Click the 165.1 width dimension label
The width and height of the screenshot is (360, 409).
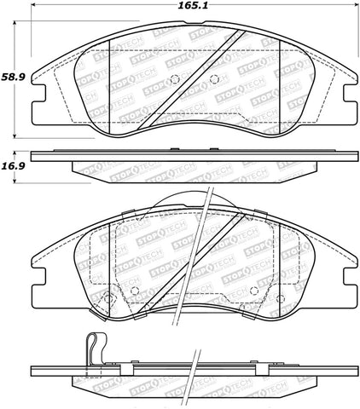187,8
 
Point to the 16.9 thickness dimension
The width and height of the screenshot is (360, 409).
12,168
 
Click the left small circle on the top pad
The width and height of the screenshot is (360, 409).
173,82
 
